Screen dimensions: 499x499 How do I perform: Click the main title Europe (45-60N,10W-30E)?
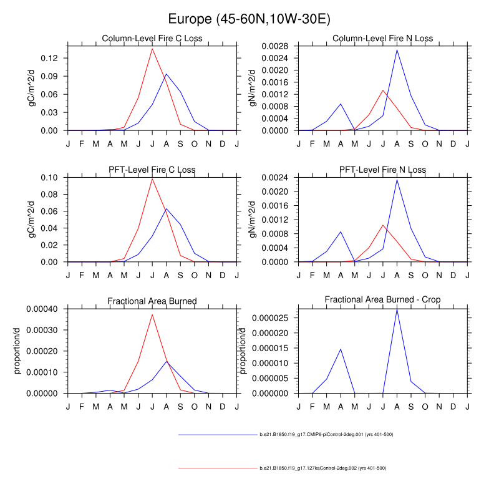point(249,19)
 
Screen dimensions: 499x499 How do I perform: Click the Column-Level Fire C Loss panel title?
point(152,39)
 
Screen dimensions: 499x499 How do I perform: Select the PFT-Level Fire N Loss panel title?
point(382,170)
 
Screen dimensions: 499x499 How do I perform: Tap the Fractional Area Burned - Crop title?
point(382,300)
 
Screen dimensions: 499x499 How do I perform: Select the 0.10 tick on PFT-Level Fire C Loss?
point(51,178)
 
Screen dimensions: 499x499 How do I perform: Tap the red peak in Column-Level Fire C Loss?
point(152,49)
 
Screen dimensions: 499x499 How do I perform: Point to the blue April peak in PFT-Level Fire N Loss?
point(341,231)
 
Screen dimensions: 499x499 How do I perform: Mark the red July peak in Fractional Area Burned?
point(152,314)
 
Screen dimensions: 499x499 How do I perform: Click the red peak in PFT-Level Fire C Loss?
point(152,179)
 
